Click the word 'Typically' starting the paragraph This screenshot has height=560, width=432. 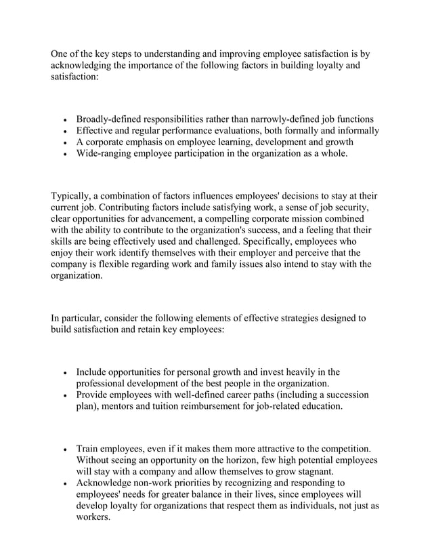74,197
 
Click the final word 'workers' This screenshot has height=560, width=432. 93,518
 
